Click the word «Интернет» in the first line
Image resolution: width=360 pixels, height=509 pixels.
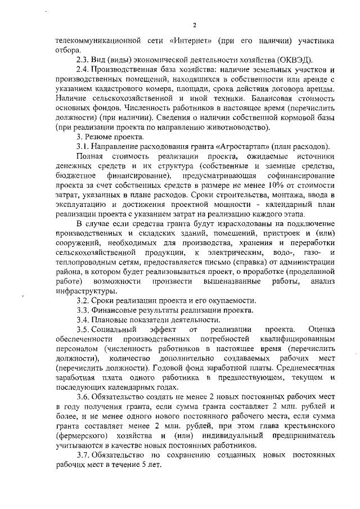(191, 41)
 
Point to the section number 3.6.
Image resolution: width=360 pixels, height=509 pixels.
(83, 398)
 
